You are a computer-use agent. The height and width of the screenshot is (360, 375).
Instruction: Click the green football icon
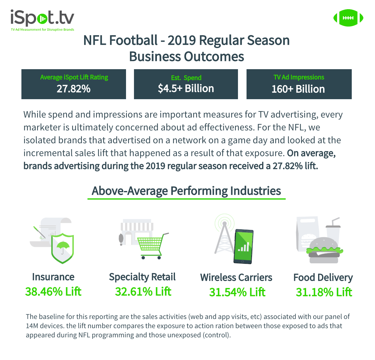(x=348, y=18)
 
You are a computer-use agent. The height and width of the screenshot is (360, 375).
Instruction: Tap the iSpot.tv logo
(x=42, y=19)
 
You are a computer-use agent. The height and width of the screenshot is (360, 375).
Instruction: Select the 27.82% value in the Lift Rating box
(x=73, y=89)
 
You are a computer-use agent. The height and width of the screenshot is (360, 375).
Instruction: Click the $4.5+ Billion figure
(x=186, y=88)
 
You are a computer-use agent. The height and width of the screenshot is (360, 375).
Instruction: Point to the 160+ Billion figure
(x=298, y=89)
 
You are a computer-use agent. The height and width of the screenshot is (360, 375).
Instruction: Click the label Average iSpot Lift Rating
(x=74, y=77)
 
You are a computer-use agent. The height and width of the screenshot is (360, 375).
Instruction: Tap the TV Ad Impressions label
(x=299, y=77)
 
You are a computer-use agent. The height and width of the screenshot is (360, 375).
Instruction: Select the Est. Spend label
(x=186, y=78)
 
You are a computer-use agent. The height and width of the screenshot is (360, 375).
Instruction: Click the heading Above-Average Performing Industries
(x=186, y=191)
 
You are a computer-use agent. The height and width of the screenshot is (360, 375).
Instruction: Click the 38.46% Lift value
(x=53, y=291)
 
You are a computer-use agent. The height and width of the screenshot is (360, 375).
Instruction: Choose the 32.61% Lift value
(x=143, y=291)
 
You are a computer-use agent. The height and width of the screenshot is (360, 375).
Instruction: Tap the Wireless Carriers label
(x=236, y=277)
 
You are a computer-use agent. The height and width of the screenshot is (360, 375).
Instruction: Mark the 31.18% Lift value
(x=324, y=292)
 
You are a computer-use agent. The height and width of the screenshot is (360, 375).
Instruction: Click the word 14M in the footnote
(x=32, y=326)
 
